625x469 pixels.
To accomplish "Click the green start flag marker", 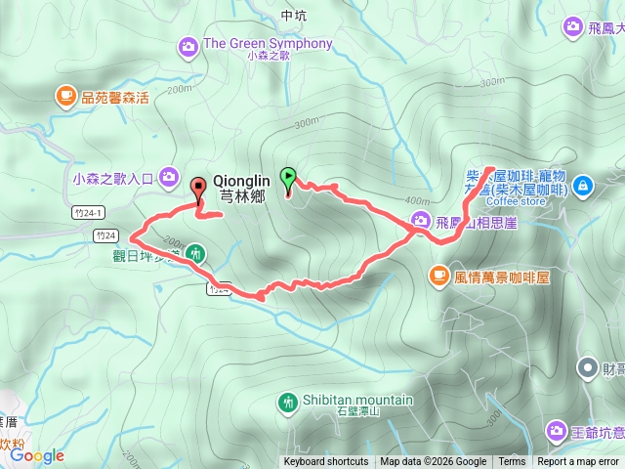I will [288, 178].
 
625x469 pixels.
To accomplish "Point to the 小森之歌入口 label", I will [113, 178].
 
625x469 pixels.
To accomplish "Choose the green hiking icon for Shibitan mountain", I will [287, 401].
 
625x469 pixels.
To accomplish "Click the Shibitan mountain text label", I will [355, 400].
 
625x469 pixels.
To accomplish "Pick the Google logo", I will [37, 455].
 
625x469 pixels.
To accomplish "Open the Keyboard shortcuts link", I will [326, 462].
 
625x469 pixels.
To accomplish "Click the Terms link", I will [512, 462].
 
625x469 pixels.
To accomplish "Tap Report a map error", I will [578, 462].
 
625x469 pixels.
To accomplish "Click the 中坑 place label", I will [293, 16].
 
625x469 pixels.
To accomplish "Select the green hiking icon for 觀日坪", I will [195, 253].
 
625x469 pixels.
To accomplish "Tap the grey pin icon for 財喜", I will [586, 367].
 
